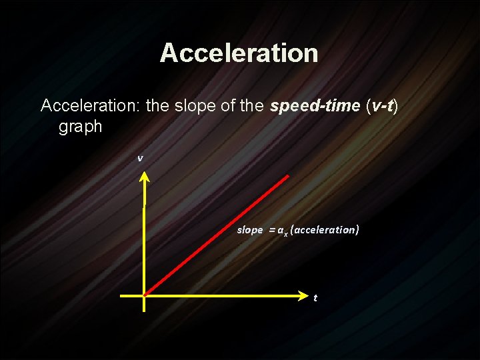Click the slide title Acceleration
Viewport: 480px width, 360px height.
point(239,53)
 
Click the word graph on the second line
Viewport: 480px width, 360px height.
point(80,127)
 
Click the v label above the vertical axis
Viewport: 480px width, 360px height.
point(140,159)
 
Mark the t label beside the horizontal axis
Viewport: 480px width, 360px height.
point(315,297)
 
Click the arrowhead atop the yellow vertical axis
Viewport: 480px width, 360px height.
point(145,177)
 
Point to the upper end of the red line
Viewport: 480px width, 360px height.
point(287,176)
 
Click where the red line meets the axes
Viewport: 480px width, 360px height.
point(145,295)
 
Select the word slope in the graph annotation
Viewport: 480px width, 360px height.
point(250,230)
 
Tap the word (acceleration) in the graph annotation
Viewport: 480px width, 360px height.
point(325,230)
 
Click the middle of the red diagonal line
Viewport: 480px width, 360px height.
point(216,235)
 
